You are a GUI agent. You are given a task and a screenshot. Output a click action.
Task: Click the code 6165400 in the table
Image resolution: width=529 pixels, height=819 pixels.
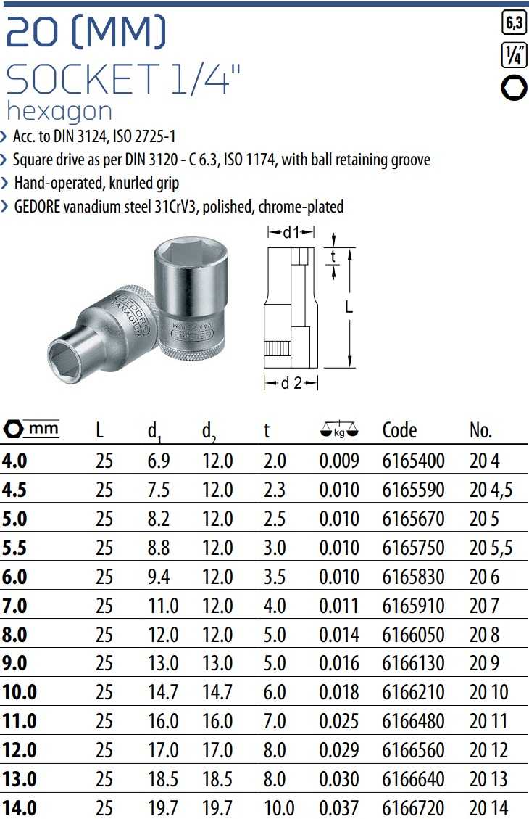coord(413,461)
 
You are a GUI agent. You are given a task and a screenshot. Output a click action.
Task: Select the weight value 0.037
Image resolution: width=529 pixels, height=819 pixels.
coord(339,807)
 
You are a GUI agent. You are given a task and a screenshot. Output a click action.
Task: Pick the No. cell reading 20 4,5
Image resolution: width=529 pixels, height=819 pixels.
coord(491,490)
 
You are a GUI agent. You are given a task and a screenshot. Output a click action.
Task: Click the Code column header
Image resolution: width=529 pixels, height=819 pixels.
coord(399,430)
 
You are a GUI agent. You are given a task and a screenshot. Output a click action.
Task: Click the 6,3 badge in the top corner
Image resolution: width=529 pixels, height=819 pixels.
coord(514,22)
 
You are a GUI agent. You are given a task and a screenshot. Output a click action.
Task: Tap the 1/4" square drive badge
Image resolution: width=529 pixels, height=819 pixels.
coord(514,55)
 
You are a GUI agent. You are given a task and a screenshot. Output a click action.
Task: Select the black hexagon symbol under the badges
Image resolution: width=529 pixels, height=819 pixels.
coord(514,88)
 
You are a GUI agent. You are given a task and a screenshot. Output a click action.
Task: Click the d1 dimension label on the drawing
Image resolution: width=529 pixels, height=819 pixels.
coord(291,232)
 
